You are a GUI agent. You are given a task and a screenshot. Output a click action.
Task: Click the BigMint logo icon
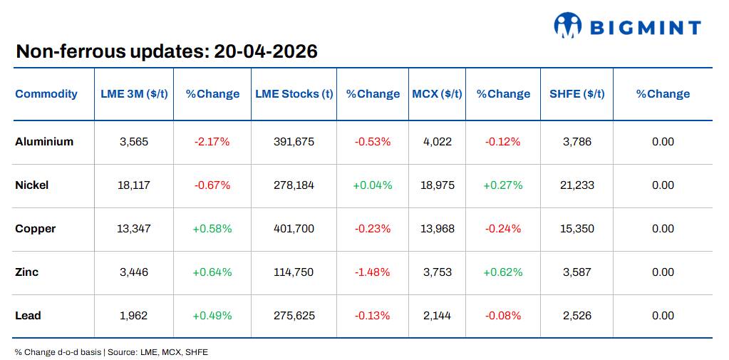[x=568, y=26]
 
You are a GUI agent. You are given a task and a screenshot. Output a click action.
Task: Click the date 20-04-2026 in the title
[x=265, y=51]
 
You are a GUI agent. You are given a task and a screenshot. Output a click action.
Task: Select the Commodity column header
[x=46, y=94]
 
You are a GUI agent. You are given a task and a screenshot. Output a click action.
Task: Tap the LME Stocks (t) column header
[x=294, y=94]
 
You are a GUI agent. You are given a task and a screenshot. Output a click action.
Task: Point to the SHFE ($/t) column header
[x=577, y=94]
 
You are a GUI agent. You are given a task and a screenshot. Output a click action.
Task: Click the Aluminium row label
[x=44, y=142]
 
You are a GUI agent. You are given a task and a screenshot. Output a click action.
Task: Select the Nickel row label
[x=32, y=185]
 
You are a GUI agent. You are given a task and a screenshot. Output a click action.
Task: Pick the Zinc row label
[x=27, y=272]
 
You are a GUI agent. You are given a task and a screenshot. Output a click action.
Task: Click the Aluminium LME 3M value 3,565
[x=134, y=142]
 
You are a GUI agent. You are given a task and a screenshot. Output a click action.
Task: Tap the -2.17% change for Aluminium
[x=212, y=142]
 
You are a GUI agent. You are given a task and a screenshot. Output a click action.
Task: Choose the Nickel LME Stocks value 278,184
[x=294, y=185]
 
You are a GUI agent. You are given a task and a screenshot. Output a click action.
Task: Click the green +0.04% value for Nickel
[x=372, y=185]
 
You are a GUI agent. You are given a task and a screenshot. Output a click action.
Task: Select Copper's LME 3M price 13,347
[x=134, y=229]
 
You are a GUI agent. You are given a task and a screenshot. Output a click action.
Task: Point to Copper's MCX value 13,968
[x=437, y=229]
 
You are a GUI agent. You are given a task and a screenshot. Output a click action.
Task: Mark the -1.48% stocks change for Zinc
[x=372, y=272]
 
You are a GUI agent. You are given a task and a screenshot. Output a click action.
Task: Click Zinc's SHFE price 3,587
[x=577, y=272]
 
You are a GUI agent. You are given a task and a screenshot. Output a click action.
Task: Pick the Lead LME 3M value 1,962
[x=134, y=316]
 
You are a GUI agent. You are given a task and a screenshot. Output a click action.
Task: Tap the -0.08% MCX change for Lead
[x=502, y=316]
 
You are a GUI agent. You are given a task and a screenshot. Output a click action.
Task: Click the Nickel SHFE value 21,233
[x=577, y=185]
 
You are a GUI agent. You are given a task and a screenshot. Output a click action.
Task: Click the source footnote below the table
[x=111, y=352]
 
